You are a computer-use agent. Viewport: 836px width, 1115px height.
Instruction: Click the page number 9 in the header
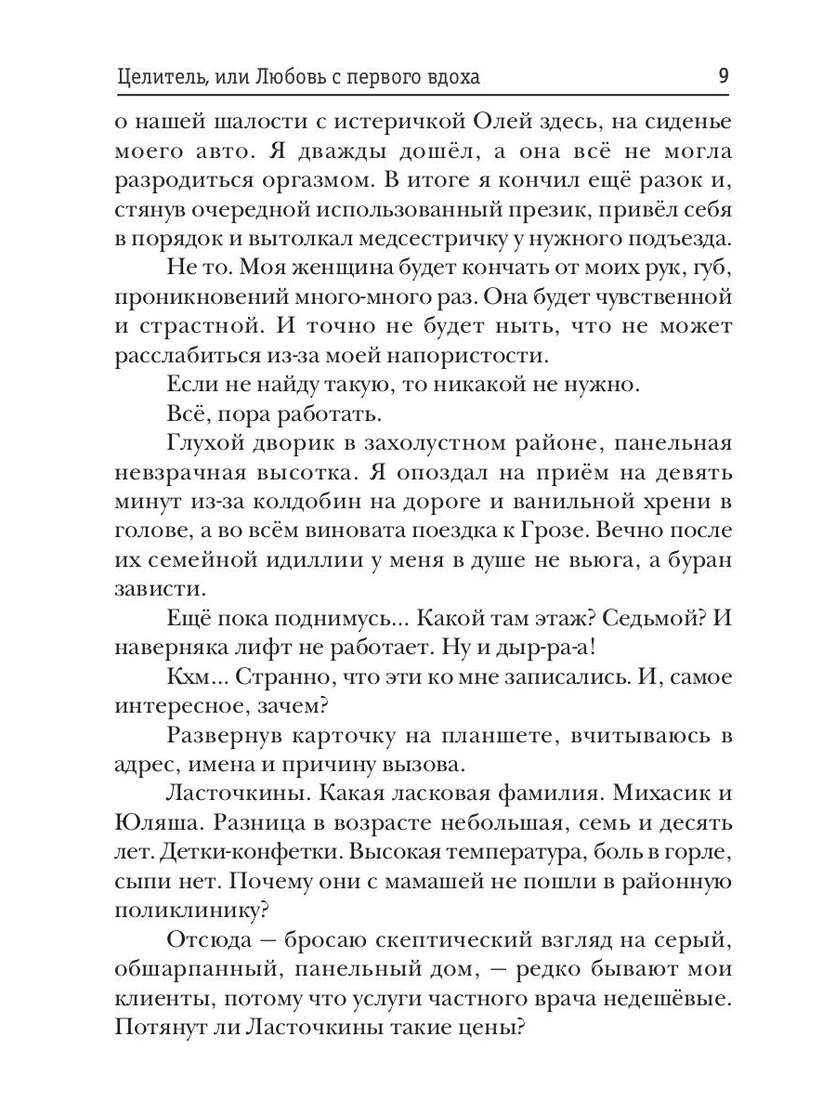(723, 77)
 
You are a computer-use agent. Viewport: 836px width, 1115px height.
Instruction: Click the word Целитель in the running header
(164, 77)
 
